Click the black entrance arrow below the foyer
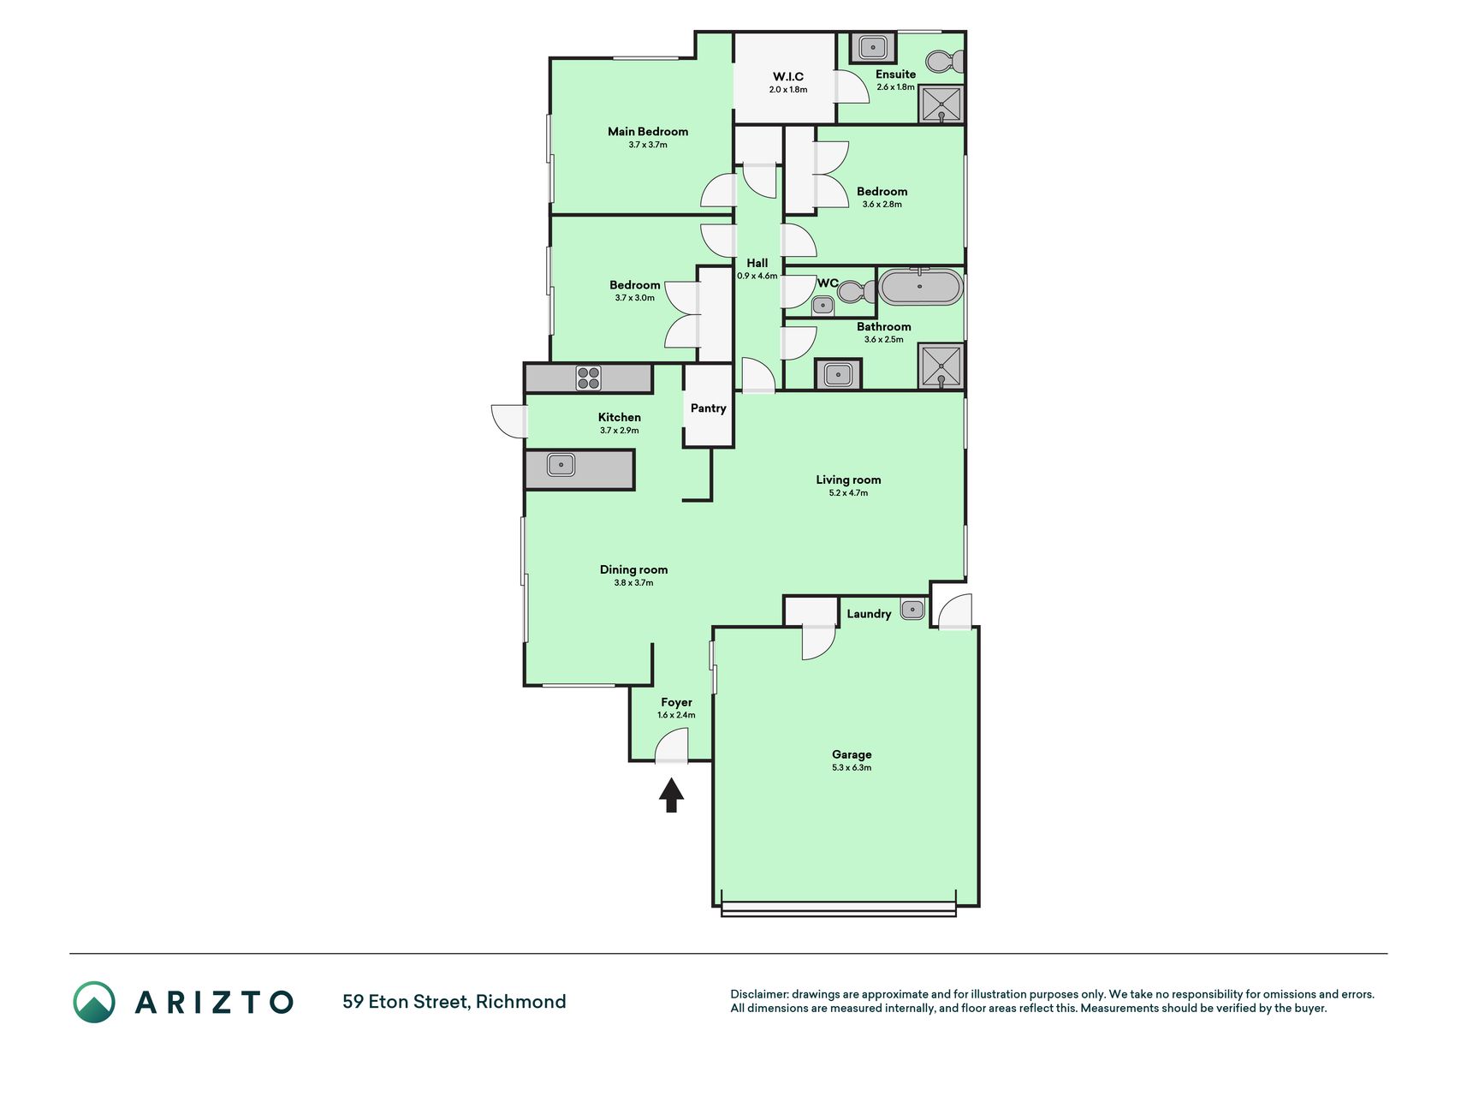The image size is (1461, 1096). pyautogui.click(x=672, y=795)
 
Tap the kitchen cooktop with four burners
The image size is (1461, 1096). pyautogui.click(x=588, y=378)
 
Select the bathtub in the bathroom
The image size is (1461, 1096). pyautogui.click(x=921, y=288)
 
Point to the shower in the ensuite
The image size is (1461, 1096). pyautogui.click(x=941, y=104)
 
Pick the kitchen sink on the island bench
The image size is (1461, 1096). pyautogui.click(x=561, y=465)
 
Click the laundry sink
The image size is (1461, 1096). pyautogui.click(x=913, y=609)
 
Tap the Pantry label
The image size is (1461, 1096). pyautogui.click(x=709, y=408)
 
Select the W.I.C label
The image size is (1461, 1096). pyautogui.click(x=788, y=77)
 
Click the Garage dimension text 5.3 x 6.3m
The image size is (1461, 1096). pyautogui.click(x=852, y=768)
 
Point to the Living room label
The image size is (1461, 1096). pyautogui.click(x=848, y=480)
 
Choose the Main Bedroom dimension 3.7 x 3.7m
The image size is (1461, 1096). pyautogui.click(x=648, y=145)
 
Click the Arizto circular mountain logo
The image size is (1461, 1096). pyautogui.click(x=94, y=1002)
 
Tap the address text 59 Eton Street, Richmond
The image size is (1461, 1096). pyautogui.click(x=454, y=1002)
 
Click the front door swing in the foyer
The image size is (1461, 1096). pyautogui.click(x=672, y=745)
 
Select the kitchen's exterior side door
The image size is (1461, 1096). pyautogui.click(x=509, y=420)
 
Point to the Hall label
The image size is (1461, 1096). pyautogui.click(x=757, y=263)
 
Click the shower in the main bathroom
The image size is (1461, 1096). pyautogui.click(x=941, y=366)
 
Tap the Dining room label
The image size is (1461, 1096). pyautogui.click(x=633, y=569)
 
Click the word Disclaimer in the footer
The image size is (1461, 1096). pyautogui.click(x=758, y=994)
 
